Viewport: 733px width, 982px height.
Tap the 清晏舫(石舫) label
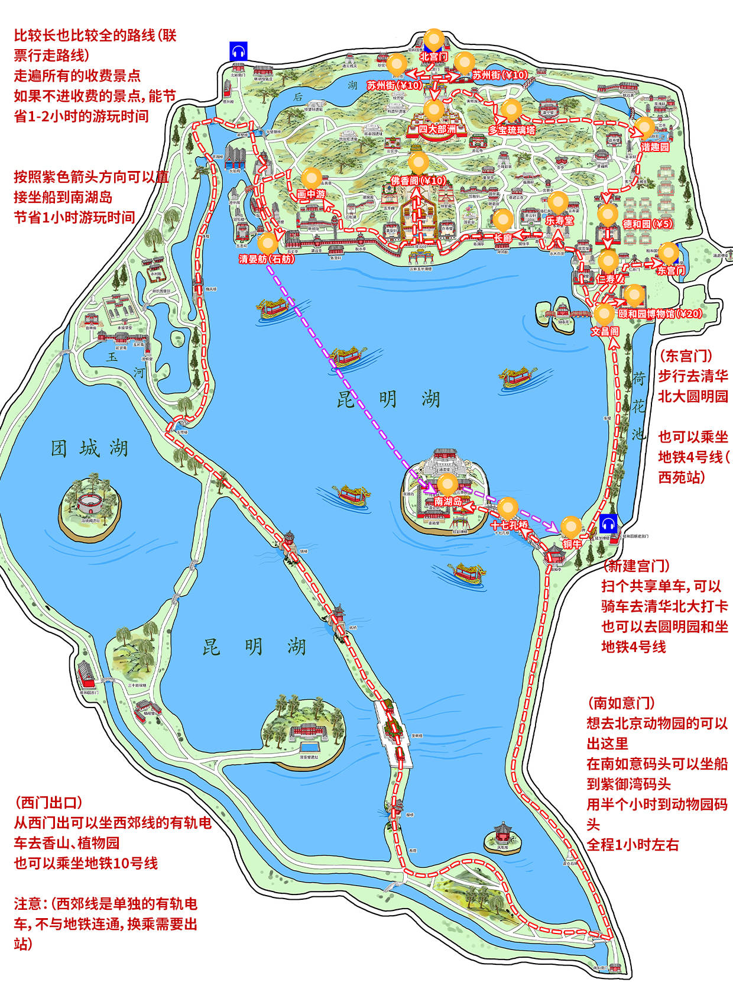[x=267, y=259]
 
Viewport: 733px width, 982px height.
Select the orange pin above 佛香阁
[x=419, y=162]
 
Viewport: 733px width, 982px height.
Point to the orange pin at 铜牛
[x=572, y=526]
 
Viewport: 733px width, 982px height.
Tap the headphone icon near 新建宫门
[x=608, y=524]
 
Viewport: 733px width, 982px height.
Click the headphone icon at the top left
[x=238, y=51]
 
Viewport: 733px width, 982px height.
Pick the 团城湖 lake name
[x=89, y=448]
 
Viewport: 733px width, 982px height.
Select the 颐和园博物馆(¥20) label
[x=660, y=314]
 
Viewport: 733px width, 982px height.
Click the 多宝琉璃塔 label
[x=512, y=130]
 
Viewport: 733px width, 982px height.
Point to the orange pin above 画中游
[x=312, y=177]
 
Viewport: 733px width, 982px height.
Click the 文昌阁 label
[x=605, y=331]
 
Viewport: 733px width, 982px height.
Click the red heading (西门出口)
[x=48, y=803]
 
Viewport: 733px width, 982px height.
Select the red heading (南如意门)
[x=621, y=703]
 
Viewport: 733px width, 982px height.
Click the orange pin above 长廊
[x=503, y=219]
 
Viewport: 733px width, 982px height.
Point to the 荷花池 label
[x=638, y=406]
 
